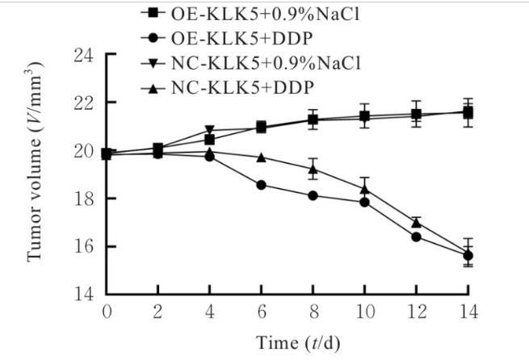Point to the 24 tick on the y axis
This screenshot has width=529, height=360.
click(x=83, y=56)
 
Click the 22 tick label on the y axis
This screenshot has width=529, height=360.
click(x=83, y=103)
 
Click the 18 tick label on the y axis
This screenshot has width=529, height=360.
click(x=83, y=199)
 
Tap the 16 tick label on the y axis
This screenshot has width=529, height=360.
click(x=83, y=246)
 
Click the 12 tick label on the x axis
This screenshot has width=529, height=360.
click(x=416, y=312)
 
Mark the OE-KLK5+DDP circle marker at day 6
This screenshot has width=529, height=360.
click(x=261, y=185)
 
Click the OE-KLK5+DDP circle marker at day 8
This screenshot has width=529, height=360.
click(x=313, y=195)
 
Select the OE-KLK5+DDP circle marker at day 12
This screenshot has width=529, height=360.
click(x=416, y=237)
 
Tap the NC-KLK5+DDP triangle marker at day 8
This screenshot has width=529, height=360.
click(x=313, y=169)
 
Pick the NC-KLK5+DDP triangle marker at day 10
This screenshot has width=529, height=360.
click(x=364, y=189)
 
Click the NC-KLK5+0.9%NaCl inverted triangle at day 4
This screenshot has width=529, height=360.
click(x=210, y=130)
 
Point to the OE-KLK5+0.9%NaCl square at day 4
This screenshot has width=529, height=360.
click(x=210, y=140)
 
